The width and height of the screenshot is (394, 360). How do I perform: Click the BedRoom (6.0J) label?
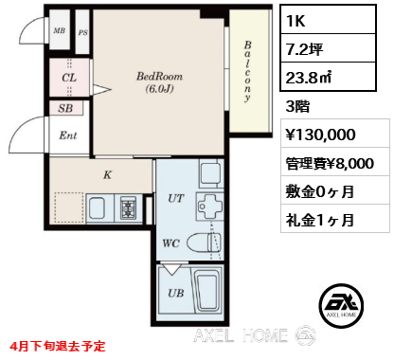coord(159,82)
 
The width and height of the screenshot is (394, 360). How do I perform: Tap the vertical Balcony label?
coord(247,71)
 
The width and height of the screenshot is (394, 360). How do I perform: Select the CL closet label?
coord(69,78)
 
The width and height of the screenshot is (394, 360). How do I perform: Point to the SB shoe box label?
coord(65,108)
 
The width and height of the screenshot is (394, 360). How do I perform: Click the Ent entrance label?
coord(68,135)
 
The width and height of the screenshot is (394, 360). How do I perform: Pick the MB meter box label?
coord(60,30)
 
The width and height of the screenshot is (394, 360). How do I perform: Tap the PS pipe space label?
coord(82,32)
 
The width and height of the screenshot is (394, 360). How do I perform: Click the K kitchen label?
coord(108,174)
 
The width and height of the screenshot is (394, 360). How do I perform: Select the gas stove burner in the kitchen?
coord(128,208)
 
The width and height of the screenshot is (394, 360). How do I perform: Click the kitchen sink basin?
coord(97,208)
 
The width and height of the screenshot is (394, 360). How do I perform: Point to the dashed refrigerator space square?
coord(69,207)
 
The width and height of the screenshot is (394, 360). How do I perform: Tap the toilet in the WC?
coord(204,243)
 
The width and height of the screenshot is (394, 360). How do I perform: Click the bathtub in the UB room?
coord(207,292)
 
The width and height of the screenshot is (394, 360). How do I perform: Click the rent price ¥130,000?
coord(320,135)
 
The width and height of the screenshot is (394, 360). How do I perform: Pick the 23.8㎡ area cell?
coord(329,77)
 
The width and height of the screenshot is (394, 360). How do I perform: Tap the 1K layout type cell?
coord(329,20)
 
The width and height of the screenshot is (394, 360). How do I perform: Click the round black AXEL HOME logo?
coord(341,305)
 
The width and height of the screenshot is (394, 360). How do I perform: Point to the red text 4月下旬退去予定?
coord(58,346)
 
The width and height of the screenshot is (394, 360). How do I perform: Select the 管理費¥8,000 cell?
coord(335,163)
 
